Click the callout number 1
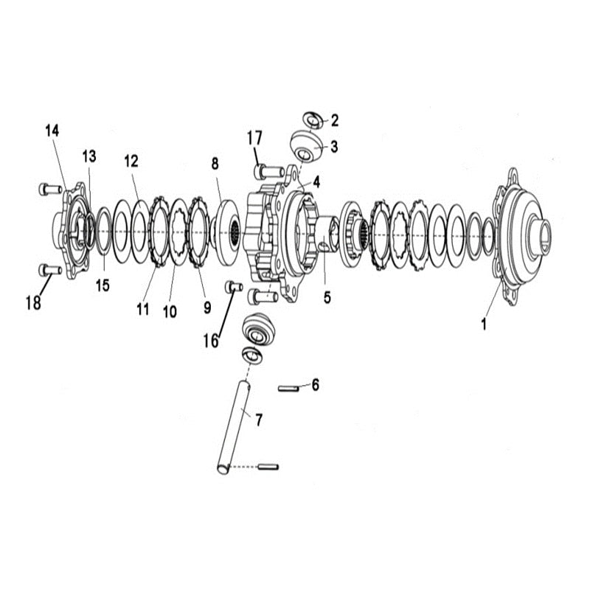(485, 324)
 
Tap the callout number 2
(335, 120)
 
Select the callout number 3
(334, 146)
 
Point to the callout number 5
(327, 298)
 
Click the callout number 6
(316, 385)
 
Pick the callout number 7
(259, 420)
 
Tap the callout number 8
(215, 164)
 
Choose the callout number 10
(170, 311)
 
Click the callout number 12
(131, 161)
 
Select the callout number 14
(52, 131)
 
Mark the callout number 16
(211, 341)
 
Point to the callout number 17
(254, 138)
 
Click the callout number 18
(33, 302)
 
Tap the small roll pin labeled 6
(288, 389)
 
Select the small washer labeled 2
(313, 120)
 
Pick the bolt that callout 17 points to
(269, 172)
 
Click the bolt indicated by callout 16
(234, 288)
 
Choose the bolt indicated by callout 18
(50, 269)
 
